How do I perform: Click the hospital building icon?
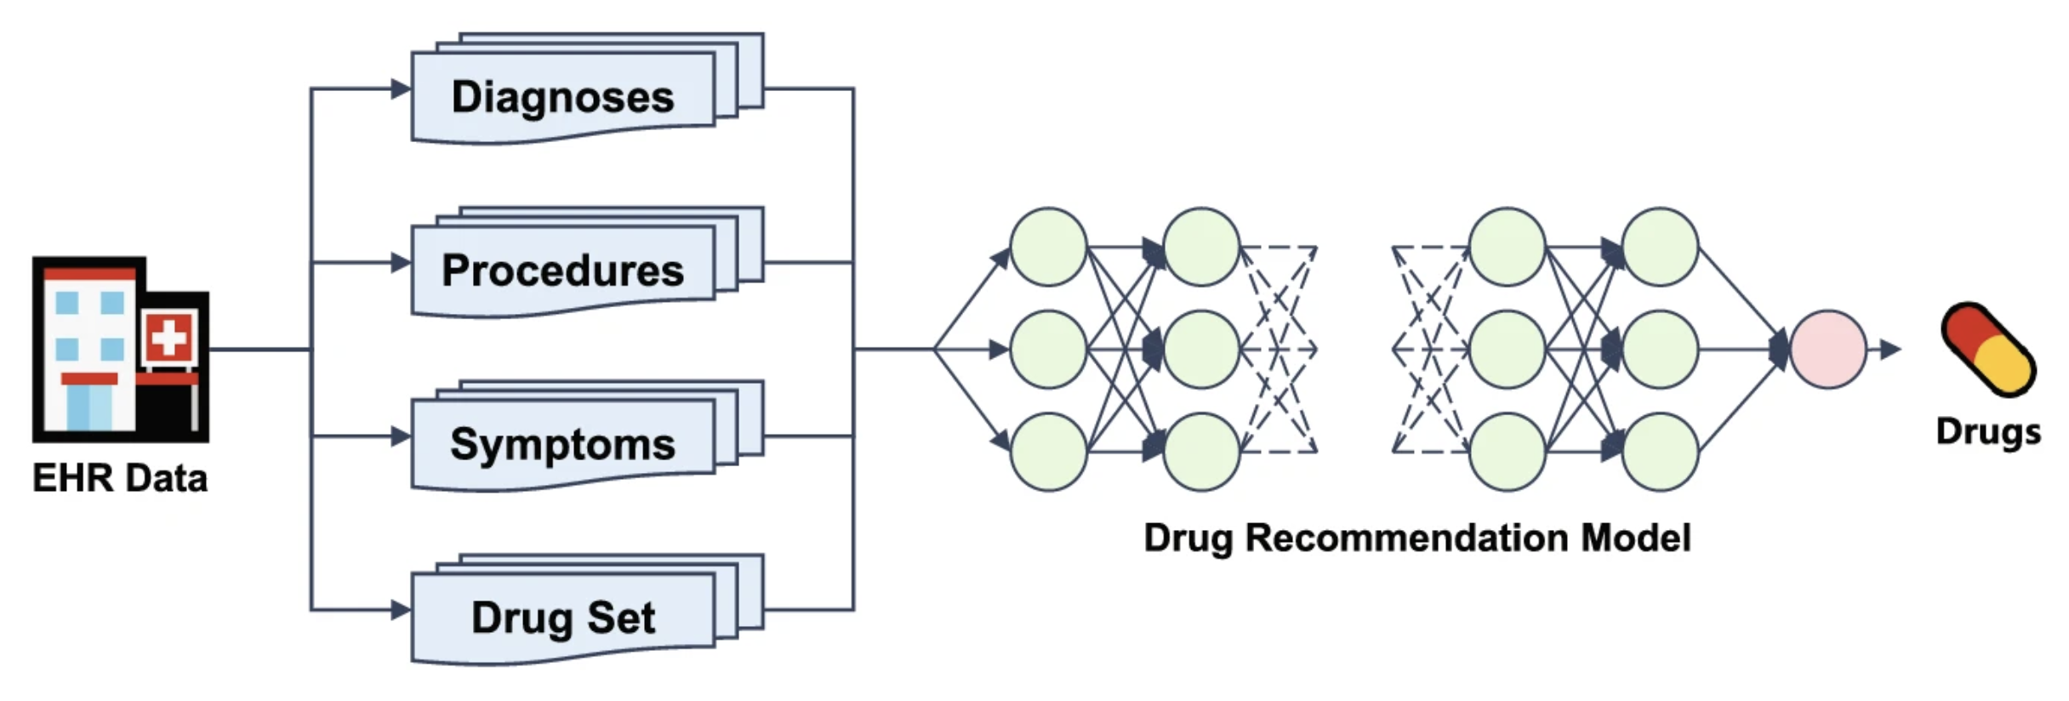coord(120,349)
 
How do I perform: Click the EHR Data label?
coord(120,478)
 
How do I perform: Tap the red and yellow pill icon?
coord(1987,349)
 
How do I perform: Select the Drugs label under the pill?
coord(1988,431)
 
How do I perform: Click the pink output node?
coord(1828,349)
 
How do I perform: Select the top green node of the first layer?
coord(1048,247)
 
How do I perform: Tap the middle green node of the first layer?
coord(1048,349)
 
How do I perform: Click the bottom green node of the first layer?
coord(1048,451)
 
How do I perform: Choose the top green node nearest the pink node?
coord(1660,247)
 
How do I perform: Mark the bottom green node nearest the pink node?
coord(1660,451)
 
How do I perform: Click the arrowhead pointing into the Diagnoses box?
coord(401,88)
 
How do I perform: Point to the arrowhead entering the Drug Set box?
coord(401,609)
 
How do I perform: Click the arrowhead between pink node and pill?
coord(1889,349)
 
